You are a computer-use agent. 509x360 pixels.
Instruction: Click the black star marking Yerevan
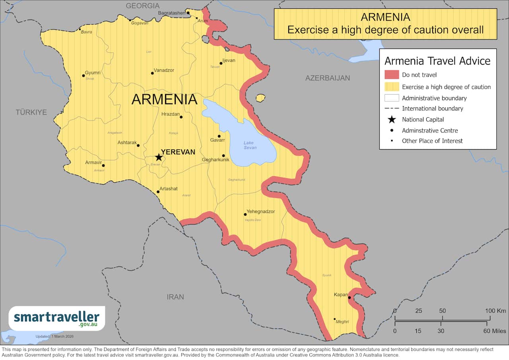(159, 157)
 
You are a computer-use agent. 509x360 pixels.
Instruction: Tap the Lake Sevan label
(249, 145)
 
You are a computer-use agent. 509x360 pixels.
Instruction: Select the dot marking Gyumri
(84, 76)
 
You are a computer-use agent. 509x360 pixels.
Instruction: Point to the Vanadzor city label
(164, 70)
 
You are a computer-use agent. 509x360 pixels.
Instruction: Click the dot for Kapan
(349, 298)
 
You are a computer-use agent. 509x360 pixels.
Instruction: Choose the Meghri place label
(342, 322)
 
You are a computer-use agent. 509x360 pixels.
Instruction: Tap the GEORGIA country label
(142, 6)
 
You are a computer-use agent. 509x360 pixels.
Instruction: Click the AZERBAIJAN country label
(327, 78)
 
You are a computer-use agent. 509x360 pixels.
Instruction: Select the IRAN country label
(175, 297)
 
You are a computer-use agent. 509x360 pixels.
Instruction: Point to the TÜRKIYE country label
(31, 112)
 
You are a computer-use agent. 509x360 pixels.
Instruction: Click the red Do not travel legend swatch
(391, 75)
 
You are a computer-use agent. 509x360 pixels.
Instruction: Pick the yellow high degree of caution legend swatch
(391, 87)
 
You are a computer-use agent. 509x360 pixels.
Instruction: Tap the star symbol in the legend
(392, 119)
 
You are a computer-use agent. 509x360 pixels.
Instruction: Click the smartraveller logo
(56, 318)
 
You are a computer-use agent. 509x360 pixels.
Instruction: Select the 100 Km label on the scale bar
(495, 311)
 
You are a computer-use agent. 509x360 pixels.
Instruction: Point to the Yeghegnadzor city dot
(245, 214)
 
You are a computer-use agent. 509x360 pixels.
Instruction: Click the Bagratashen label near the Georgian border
(171, 13)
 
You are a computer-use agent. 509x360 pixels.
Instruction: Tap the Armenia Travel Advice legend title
(437, 61)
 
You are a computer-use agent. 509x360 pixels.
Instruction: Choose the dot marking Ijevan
(221, 63)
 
